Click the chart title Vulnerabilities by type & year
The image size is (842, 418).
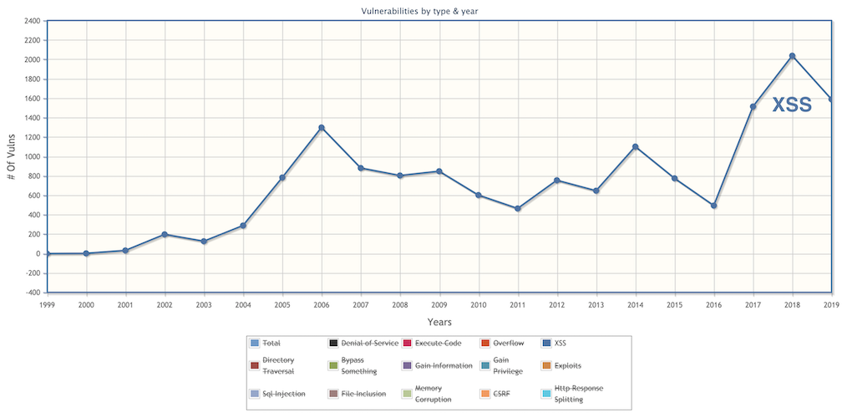coord(419,10)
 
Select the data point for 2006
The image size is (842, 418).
coord(322,128)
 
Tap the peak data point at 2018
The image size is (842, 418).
coord(792,56)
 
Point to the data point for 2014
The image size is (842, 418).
coord(636,147)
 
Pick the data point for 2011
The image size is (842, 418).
coord(518,208)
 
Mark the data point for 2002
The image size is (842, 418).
coord(165,234)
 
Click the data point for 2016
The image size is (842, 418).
coord(714,206)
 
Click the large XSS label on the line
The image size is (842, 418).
coord(791,104)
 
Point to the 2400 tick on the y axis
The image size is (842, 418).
coord(31,21)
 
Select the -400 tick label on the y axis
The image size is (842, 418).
coord(31,293)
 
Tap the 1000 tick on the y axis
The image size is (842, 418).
coord(31,157)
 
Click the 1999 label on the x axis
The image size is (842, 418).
coord(48,305)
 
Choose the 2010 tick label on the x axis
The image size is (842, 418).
coord(479,305)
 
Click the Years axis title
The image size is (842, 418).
coord(439,322)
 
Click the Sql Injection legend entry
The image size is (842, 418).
coord(283,394)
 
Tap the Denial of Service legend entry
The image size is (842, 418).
coord(369,343)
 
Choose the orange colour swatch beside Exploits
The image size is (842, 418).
coord(547,365)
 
